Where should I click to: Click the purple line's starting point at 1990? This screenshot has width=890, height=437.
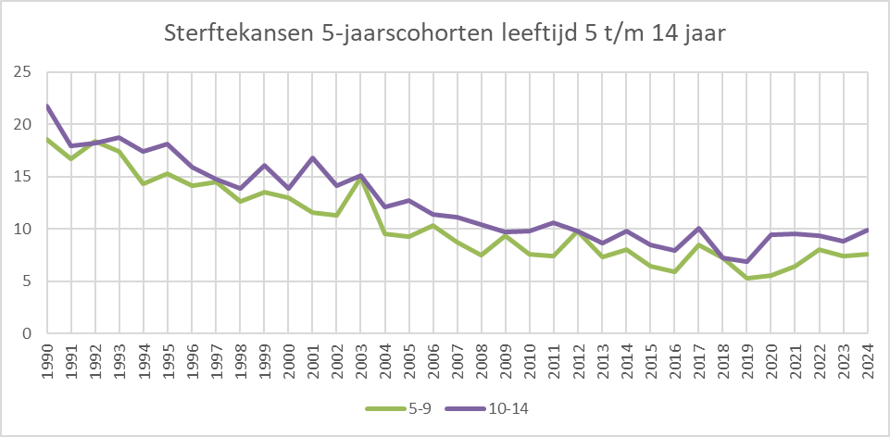pos(47,106)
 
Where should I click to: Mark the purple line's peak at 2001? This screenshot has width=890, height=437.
pos(312,157)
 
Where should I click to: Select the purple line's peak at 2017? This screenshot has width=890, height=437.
pos(698,228)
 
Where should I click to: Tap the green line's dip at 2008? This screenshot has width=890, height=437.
pos(481,255)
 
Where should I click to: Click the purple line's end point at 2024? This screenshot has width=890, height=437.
pos(867,230)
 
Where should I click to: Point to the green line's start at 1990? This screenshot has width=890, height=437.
pos(47,139)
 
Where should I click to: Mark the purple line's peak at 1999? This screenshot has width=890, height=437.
pos(264,165)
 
